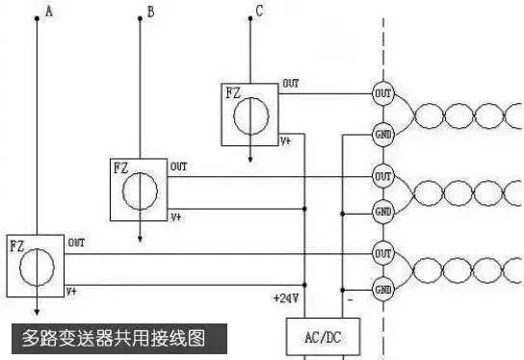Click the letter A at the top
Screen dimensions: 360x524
point(49,12)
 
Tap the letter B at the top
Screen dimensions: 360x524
point(149,12)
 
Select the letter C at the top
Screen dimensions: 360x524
point(258,12)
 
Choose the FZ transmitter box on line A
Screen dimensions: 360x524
point(34,264)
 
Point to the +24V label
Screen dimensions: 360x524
point(286,298)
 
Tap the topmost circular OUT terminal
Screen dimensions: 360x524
point(382,94)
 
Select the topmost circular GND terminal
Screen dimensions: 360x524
point(382,135)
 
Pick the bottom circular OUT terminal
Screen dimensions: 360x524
point(382,253)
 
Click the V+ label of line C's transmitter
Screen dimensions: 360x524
point(286,141)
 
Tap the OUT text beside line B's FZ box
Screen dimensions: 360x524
point(179,167)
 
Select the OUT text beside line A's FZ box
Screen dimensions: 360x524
point(75,243)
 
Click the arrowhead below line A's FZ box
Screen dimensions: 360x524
point(37,310)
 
